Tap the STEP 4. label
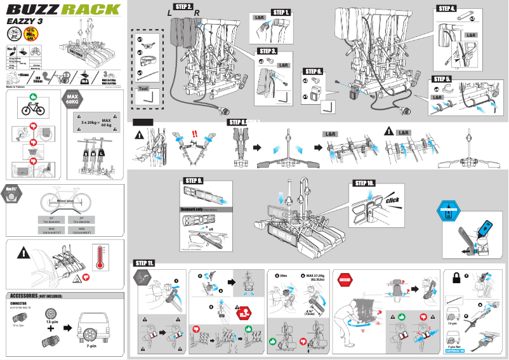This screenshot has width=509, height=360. pos(446,9)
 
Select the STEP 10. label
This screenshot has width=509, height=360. pos(363,183)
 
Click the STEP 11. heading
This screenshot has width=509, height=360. pos(143,263)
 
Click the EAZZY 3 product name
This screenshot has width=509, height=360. pos(25,22)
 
